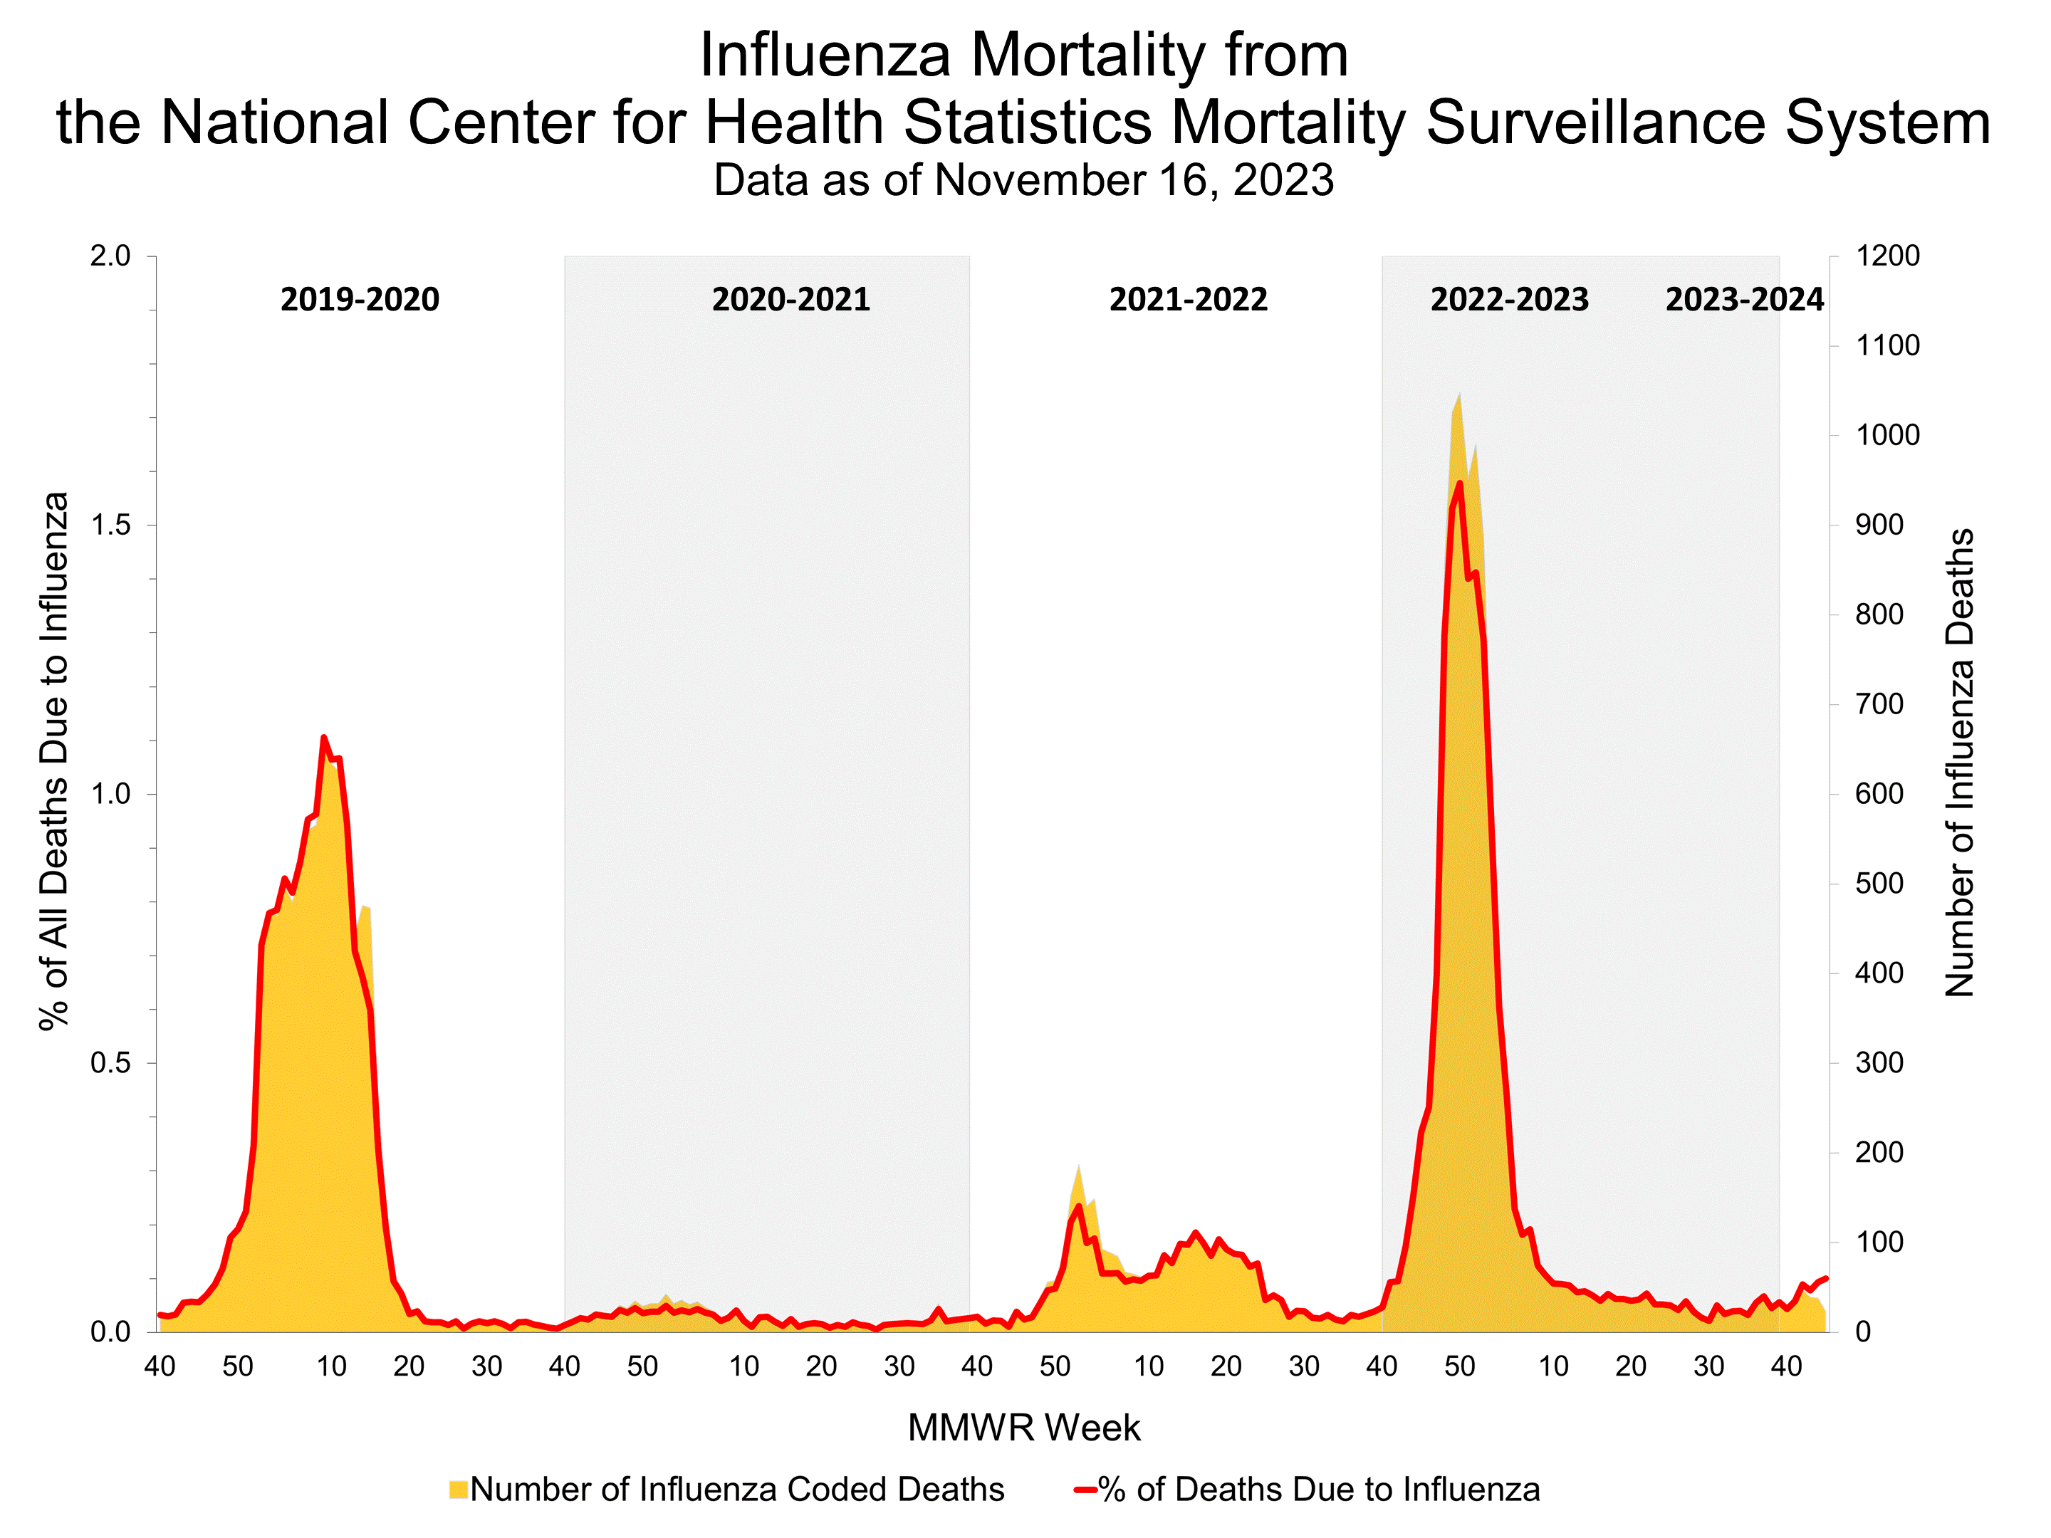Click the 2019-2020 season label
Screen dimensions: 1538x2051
360,300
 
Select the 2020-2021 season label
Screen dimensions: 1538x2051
791,300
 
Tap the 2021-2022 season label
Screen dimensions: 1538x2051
1188,300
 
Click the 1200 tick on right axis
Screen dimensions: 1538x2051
1887,256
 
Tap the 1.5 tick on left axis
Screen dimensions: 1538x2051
110,525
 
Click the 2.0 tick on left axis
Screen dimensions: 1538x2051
110,256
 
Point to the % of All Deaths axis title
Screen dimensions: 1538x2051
54,760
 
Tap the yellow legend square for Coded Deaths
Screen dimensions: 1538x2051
458,1490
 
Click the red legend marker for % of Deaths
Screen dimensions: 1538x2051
1085,1490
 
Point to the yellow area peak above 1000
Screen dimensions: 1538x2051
1459,395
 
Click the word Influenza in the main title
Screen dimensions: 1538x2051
824,55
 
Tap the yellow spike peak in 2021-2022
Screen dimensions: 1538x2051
1078,1166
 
